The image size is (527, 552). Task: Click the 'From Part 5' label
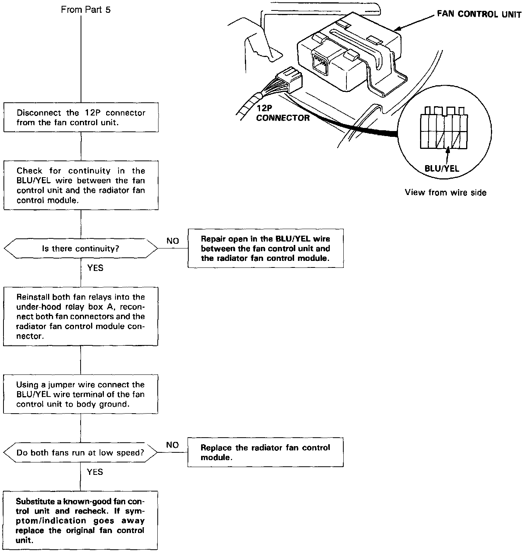pyautogui.click(x=86, y=10)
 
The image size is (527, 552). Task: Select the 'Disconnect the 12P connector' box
pyautogui.click(x=81, y=117)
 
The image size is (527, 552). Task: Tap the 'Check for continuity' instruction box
pyautogui.click(x=81, y=185)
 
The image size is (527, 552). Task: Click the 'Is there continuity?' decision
pyautogui.click(x=81, y=248)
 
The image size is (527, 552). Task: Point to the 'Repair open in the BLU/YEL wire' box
pyautogui.click(x=265, y=248)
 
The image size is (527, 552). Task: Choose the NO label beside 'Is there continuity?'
pyautogui.click(x=173, y=241)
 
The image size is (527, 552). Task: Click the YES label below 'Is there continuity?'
pyautogui.click(x=95, y=268)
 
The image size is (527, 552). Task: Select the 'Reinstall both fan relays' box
pyautogui.click(x=81, y=316)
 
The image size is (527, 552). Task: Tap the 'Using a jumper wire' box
pyautogui.click(x=81, y=394)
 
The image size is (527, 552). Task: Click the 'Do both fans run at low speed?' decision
pyautogui.click(x=80, y=452)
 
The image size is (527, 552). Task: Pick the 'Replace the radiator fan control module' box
pyautogui.click(x=265, y=452)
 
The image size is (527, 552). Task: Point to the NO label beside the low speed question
pyautogui.click(x=172, y=445)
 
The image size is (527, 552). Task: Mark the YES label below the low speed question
pyautogui.click(x=95, y=472)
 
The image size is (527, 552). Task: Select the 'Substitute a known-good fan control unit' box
pyautogui.click(x=81, y=521)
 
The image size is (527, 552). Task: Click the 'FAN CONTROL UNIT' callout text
pyautogui.click(x=479, y=15)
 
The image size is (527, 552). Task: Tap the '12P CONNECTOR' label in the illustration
pyautogui.click(x=283, y=114)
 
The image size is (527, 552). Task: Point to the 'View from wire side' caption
pyautogui.click(x=446, y=192)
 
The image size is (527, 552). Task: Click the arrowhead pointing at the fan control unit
pyautogui.click(x=398, y=29)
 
